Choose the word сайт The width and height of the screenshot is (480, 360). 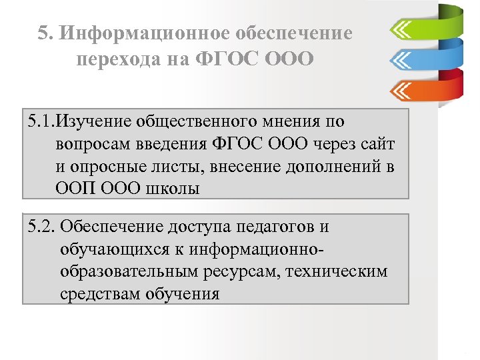coord(376,144)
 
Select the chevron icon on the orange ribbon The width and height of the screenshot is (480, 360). coord(403,89)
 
